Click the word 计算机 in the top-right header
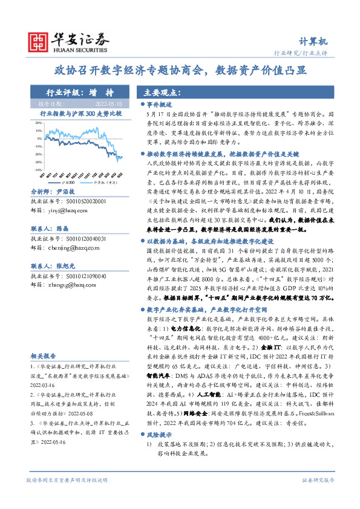tap(315, 42)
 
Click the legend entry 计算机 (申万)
tap(106, 181)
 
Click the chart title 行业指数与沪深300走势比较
tap(80, 113)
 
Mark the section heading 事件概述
tap(162, 105)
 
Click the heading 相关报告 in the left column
tap(44, 357)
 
